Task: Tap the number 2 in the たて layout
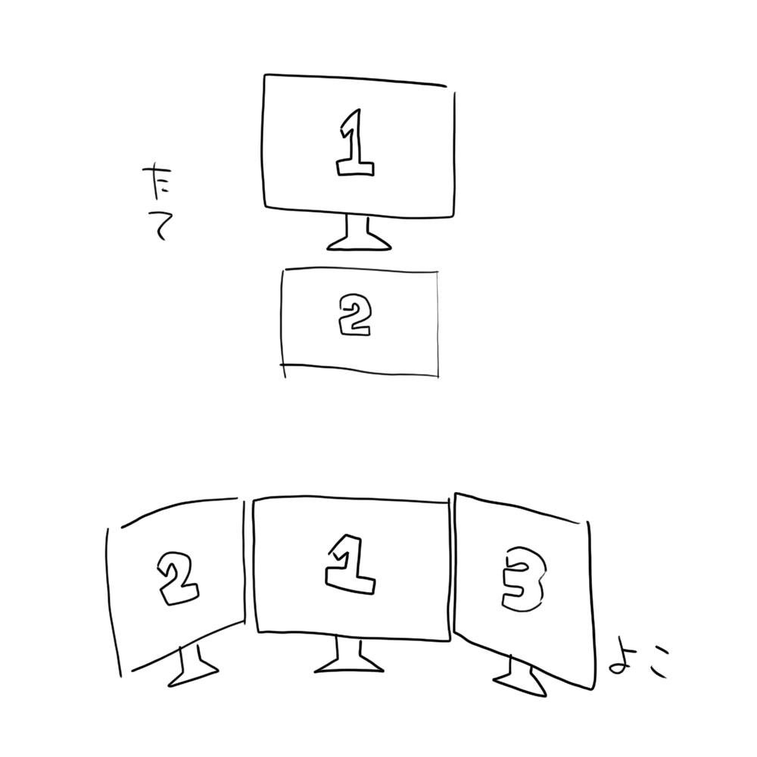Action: pyautogui.click(x=354, y=316)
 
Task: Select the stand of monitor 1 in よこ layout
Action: pyautogui.click(x=348, y=656)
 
